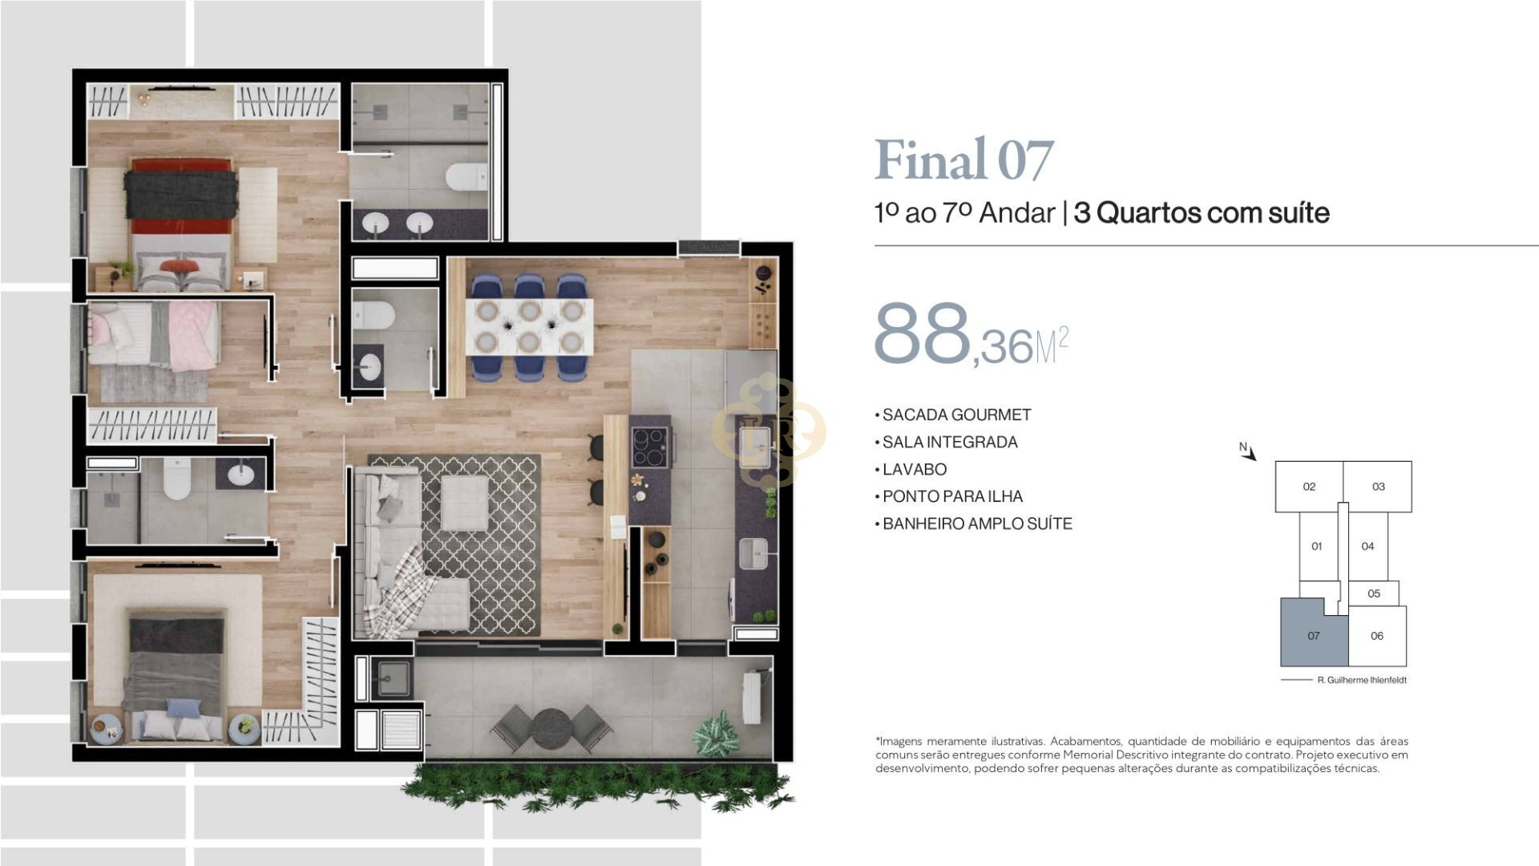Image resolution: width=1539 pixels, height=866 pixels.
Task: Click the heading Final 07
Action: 963,160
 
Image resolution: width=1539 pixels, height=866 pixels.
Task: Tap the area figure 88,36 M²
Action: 971,335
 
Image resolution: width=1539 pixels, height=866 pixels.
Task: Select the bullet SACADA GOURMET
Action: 953,415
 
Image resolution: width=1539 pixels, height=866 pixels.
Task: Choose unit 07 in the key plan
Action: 1314,636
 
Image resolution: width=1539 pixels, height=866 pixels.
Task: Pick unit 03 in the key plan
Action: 1378,487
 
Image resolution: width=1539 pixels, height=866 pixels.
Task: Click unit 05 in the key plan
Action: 1374,593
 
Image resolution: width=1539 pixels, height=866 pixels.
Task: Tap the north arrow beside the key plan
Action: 1248,452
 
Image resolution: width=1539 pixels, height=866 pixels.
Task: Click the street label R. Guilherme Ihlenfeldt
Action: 1362,680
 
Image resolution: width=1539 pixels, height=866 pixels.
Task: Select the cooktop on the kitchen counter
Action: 649,447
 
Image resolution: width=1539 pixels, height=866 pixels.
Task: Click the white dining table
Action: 529,326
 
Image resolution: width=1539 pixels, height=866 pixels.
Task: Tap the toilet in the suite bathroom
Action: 467,176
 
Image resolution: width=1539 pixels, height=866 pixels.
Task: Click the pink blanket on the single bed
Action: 192,336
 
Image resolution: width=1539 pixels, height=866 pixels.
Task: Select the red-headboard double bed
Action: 181,225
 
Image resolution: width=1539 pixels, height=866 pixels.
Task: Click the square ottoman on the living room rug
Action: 465,503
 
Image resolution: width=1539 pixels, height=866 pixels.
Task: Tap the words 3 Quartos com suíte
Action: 1202,213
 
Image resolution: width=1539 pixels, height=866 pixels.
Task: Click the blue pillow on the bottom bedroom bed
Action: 184,707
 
